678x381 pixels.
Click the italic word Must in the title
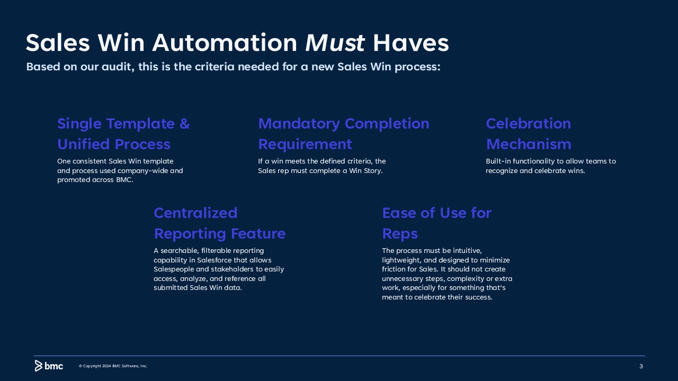pos(335,43)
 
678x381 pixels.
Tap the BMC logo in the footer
pos(49,366)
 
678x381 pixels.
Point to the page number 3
pos(641,366)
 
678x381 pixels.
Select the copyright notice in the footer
pos(113,366)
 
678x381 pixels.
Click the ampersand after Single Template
pos(185,124)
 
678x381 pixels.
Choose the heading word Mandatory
pos(299,124)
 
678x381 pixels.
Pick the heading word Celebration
pos(529,124)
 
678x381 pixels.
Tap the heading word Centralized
pos(195,213)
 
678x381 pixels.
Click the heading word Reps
pos(400,234)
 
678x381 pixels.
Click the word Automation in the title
pos(225,43)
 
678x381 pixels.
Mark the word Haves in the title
pos(411,43)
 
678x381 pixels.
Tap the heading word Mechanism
pos(529,144)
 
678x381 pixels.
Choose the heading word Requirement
pos(305,144)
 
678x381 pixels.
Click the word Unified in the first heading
pos(84,144)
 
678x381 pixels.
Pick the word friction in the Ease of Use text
pos(393,269)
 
